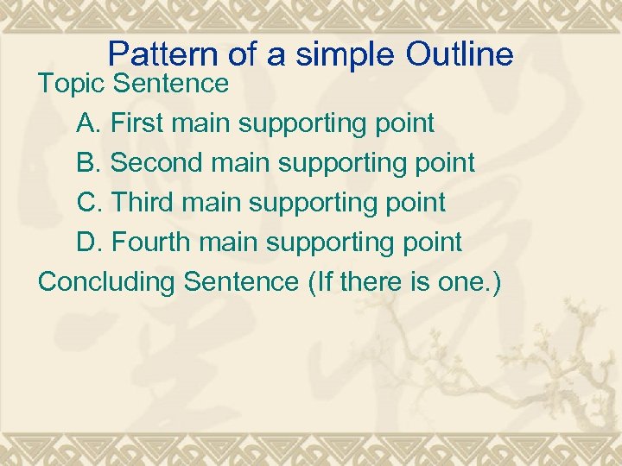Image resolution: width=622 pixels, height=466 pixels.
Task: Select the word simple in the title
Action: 338,55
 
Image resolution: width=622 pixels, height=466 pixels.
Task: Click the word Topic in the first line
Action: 72,84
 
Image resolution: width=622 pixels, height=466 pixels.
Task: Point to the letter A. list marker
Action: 90,123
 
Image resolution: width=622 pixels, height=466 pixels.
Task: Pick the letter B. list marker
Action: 90,163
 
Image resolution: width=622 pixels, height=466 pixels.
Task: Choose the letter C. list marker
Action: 91,203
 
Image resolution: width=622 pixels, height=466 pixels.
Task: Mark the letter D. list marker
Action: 91,242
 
